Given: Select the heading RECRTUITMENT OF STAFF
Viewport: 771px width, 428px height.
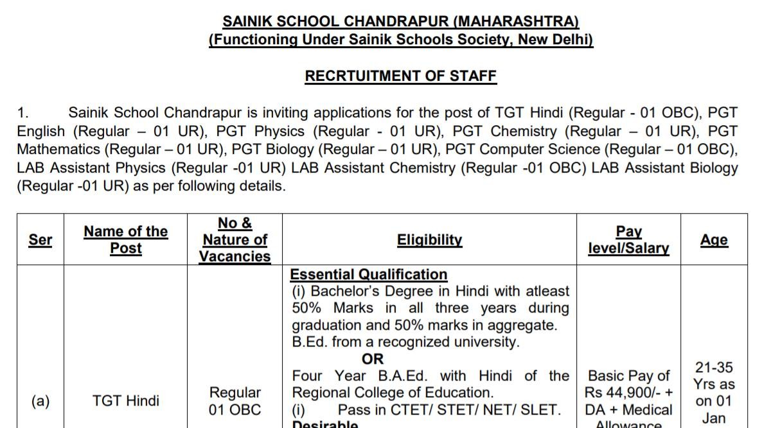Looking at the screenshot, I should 400,76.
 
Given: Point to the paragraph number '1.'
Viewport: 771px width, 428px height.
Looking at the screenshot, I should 23,113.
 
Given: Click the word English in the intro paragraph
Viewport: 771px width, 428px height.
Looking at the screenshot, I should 40,132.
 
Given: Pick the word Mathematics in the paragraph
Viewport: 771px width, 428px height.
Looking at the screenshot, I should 58,150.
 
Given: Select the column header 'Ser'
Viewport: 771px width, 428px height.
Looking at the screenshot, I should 40,240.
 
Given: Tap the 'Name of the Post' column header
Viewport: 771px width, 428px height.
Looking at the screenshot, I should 125,240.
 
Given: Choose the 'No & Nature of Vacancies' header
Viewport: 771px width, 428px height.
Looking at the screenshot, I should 235,240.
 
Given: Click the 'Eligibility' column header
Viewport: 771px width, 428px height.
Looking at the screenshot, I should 429,240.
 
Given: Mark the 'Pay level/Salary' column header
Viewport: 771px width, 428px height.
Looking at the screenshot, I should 628,240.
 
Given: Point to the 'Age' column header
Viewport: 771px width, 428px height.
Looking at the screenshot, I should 714,240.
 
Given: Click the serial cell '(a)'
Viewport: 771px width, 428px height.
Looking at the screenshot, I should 40,401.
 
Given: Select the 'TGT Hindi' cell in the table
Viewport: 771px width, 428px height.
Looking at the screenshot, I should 126,401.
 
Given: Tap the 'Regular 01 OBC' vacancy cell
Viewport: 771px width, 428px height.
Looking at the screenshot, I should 235,401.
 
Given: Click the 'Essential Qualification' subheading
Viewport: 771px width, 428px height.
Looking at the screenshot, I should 368,275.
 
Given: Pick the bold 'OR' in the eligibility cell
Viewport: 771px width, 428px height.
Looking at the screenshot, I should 373,359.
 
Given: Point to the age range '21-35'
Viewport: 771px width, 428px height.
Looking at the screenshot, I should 714,368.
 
